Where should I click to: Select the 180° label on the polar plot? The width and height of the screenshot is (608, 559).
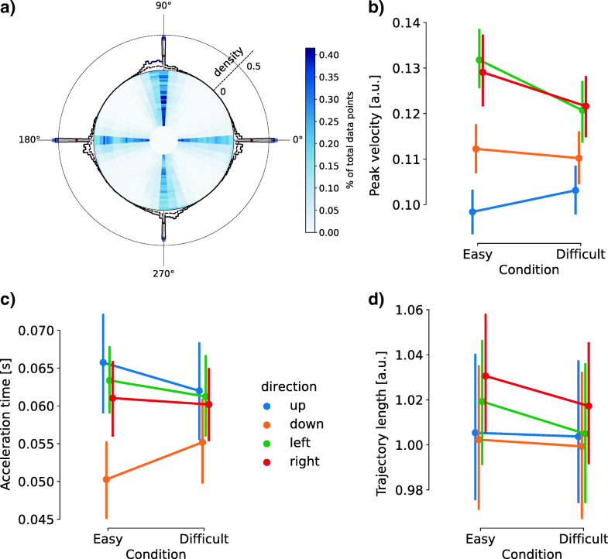pyautogui.click(x=33, y=140)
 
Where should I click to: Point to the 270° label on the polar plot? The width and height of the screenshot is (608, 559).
pyautogui.click(x=163, y=273)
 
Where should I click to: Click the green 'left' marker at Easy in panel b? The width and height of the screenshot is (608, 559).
pyautogui.click(x=479, y=60)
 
